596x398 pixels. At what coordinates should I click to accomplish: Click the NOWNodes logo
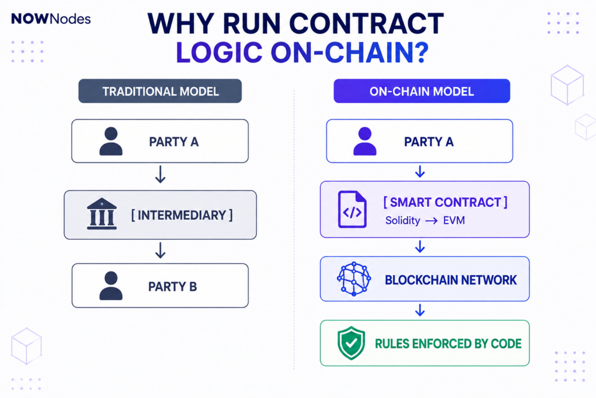click(x=51, y=19)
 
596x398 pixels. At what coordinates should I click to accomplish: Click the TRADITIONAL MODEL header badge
click(x=160, y=91)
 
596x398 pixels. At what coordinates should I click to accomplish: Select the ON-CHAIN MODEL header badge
click(x=421, y=91)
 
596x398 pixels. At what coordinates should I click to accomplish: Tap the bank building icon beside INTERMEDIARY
click(x=101, y=214)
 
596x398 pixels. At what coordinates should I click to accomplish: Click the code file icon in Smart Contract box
click(x=352, y=209)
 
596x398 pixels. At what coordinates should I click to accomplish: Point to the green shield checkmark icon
click(x=351, y=343)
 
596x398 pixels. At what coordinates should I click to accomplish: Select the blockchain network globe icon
click(x=354, y=279)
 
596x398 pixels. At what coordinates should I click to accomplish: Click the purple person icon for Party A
click(x=365, y=141)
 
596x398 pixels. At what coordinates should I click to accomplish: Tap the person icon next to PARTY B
click(x=111, y=286)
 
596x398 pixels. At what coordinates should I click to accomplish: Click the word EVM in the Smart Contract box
click(x=454, y=220)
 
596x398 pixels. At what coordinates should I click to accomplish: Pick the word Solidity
click(x=403, y=221)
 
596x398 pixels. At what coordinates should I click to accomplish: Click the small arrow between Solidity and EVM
click(x=431, y=221)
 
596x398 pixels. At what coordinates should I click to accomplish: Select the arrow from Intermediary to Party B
click(x=161, y=251)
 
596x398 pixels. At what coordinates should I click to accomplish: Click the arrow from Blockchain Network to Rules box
click(x=420, y=310)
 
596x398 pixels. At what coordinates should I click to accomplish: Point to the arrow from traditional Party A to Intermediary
click(x=161, y=174)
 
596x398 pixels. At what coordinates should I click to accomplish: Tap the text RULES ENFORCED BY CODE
click(x=448, y=344)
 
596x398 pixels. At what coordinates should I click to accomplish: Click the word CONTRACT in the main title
click(x=367, y=23)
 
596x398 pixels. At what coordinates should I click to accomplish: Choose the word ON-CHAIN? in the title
click(x=350, y=52)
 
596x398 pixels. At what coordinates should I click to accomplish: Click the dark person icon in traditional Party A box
click(x=111, y=141)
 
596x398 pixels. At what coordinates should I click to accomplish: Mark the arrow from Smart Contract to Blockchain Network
click(x=420, y=246)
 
